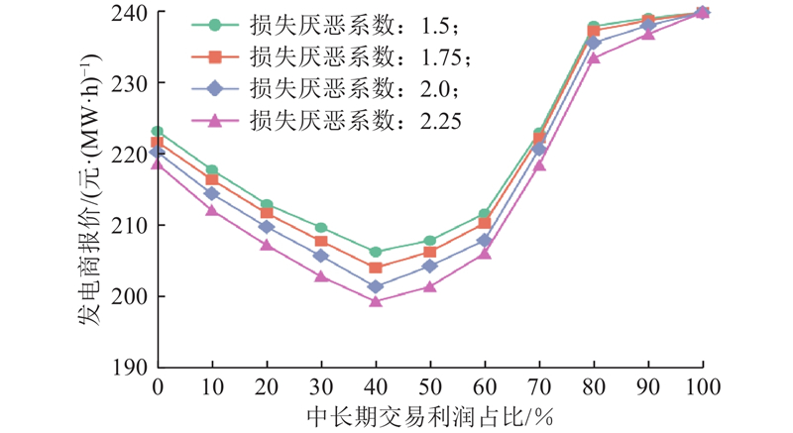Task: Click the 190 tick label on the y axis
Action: [132, 367]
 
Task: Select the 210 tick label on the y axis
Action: [132, 225]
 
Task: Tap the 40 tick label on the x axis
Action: [376, 384]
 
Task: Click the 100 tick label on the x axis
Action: [702, 384]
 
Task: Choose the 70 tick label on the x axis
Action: [539, 384]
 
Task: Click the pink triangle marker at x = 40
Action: [376, 300]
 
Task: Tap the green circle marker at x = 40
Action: [376, 252]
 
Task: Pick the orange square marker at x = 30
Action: [321, 241]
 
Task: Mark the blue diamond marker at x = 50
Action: [430, 266]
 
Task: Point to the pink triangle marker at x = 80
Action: [594, 57]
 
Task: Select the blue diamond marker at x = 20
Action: [267, 227]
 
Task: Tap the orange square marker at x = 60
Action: [485, 223]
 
